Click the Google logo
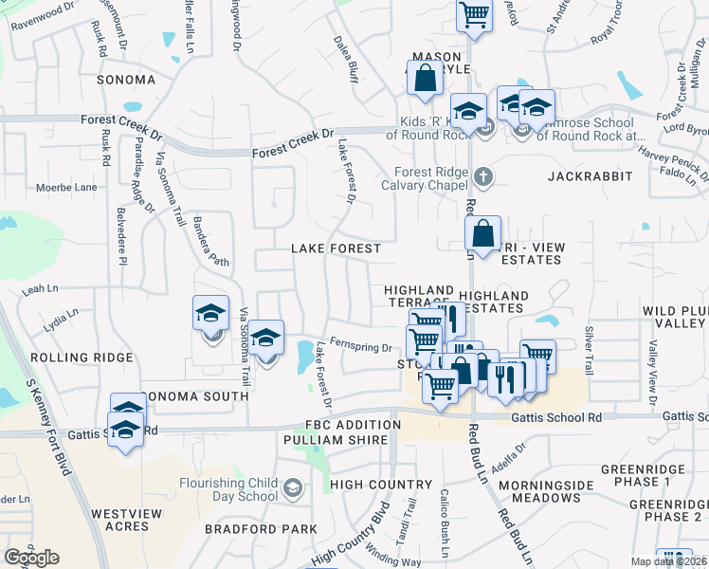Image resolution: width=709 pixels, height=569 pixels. (x=31, y=558)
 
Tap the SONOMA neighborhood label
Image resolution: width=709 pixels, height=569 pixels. (x=126, y=81)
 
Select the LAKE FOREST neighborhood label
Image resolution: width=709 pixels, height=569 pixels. (x=336, y=248)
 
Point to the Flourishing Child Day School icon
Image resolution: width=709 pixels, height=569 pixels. (x=294, y=488)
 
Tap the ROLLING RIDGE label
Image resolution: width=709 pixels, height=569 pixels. (x=68, y=358)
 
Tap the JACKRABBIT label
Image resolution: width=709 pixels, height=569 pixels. (x=583, y=177)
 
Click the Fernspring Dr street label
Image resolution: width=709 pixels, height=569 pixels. (x=361, y=348)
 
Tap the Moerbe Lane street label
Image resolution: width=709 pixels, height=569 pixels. (x=66, y=188)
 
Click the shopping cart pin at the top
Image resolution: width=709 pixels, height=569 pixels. (x=473, y=15)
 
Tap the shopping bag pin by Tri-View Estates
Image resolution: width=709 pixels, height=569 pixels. (x=482, y=233)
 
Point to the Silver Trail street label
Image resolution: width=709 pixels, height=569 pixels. (x=589, y=348)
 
